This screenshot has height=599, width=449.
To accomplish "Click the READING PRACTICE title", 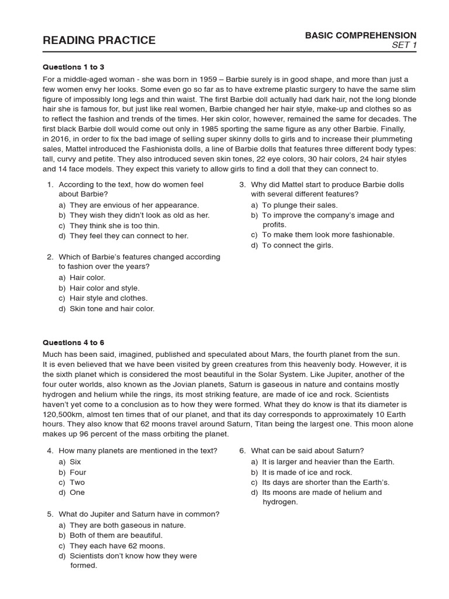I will pyautogui.click(x=99, y=40).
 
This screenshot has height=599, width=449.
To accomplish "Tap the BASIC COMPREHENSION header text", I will pyautogui.click(x=361, y=36).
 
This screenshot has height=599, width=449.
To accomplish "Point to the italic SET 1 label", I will pyautogui.click(x=404, y=46).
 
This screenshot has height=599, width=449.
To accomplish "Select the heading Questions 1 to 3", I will pyautogui.click(x=74, y=67).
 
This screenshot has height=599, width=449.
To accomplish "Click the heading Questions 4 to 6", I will pyautogui.click(x=74, y=342).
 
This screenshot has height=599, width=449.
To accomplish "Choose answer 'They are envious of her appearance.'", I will pyautogui.click(x=134, y=205).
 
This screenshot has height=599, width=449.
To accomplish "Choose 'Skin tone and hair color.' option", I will pyautogui.click(x=112, y=308).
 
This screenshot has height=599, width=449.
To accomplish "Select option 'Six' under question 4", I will pyautogui.click(x=75, y=462).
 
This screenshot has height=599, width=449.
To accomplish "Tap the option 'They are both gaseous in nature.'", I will pyautogui.click(x=127, y=525).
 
